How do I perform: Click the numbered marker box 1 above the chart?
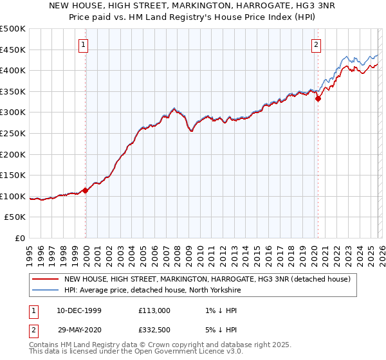85,45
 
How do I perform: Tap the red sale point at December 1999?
86,190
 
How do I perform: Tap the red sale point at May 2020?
318,98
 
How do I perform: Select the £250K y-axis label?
13,134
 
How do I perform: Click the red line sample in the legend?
45,279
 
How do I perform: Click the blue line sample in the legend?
45,290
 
